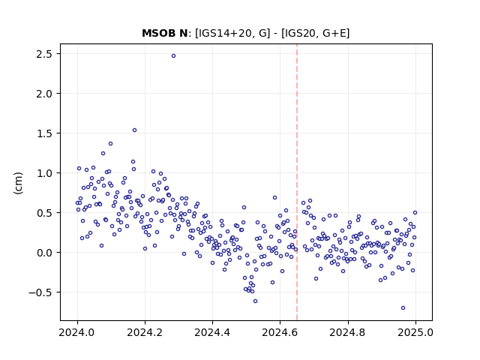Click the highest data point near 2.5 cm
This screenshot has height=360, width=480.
173,56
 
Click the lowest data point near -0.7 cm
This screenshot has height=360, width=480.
403,308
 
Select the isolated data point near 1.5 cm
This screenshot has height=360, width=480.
134,130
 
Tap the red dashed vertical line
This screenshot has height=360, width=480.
297,182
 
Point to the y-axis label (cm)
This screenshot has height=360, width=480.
18,183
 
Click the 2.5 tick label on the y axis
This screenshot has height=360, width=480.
43,54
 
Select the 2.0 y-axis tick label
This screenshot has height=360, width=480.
43,94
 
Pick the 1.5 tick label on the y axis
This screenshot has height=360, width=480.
43,133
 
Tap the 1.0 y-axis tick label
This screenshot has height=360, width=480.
43,173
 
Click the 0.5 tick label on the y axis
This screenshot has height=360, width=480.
43,213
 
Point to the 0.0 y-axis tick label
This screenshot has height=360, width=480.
43,253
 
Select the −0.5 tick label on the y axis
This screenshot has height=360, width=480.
40,292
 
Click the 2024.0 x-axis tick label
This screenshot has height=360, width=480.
77,332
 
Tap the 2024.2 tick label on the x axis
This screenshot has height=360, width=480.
145,332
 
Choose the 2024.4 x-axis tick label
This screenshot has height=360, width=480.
212,332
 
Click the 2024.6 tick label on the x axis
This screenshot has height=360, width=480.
280,332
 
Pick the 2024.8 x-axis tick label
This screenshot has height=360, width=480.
348,332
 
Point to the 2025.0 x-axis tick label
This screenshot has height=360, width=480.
415,332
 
